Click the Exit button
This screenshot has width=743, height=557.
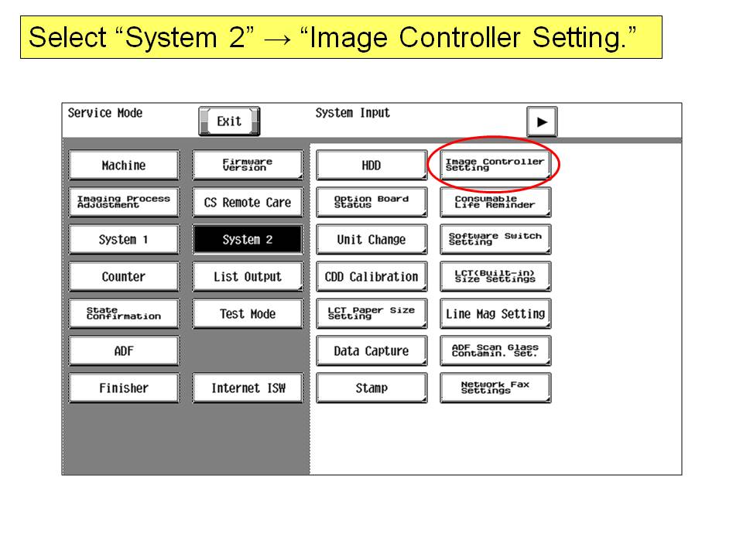(x=229, y=121)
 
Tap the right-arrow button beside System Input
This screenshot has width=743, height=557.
(x=542, y=121)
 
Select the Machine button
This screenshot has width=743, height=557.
(x=124, y=166)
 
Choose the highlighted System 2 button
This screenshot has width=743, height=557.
(x=248, y=240)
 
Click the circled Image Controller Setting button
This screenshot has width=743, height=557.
(x=495, y=165)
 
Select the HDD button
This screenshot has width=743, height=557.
(x=371, y=166)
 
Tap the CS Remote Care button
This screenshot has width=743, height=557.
(x=248, y=203)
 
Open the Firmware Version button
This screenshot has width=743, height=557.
(x=248, y=166)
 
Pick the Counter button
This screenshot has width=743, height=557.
(x=124, y=277)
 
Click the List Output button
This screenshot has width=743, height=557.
(x=248, y=277)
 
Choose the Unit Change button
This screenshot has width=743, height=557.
(x=371, y=240)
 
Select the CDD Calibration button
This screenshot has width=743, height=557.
(x=371, y=277)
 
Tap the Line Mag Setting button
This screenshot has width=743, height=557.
(x=495, y=313)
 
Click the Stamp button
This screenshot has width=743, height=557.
(x=371, y=388)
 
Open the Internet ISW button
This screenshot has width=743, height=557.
(x=248, y=388)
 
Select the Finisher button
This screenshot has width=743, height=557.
(x=124, y=388)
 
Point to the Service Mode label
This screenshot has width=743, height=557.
(x=105, y=113)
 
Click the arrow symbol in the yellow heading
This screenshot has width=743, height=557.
(x=277, y=39)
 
